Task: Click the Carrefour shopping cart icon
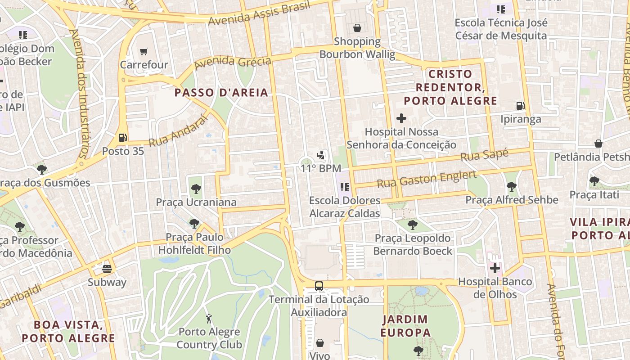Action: click(144, 51)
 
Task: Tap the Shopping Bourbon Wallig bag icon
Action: click(357, 28)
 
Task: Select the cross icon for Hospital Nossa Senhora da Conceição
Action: click(401, 118)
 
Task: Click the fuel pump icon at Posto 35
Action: click(122, 138)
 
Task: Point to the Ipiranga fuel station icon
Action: click(521, 106)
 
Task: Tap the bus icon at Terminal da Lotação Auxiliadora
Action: click(319, 286)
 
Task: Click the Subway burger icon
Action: click(107, 269)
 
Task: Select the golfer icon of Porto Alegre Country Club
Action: click(209, 319)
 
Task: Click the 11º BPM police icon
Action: click(321, 155)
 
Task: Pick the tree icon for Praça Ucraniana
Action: click(196, 189)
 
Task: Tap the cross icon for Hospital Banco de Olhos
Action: click(495, 269)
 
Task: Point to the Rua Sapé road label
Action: click(484, 156)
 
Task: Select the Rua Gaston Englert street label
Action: click(426, 179)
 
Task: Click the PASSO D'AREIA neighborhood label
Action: click(221, 93)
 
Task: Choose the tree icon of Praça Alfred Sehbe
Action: click(511, 186)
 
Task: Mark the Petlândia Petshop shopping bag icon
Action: click(598, 144)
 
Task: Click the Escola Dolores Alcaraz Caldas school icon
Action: click(345, 187)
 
